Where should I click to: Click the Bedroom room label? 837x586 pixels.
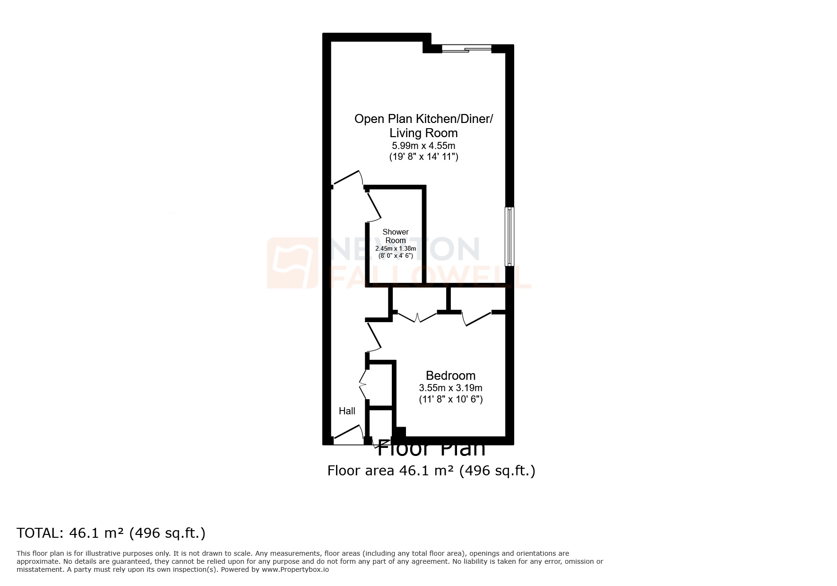(x=450, y=376)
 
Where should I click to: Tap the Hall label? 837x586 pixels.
(x=347, y=411)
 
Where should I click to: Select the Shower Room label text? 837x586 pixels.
(x=396, y=236)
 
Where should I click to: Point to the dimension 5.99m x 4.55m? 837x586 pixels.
(x=423, y=146)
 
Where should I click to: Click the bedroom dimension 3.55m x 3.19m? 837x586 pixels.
(x=450, y=388)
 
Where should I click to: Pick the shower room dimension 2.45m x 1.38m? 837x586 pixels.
(x=396, y=249)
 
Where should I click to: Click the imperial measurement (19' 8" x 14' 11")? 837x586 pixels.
(x=423, y=157)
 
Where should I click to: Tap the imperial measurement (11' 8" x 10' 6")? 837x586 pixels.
(x=450, y=399)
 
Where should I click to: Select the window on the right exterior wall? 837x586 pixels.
(x=509, y=236)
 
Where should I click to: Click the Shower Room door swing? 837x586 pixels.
(x=374, y=206)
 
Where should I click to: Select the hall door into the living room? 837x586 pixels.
(x=347, y=178)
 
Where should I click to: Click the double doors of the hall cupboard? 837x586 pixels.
(x=363, y=384)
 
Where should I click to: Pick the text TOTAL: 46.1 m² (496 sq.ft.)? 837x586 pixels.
(x=111, y=533)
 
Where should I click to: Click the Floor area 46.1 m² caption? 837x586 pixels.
(x=431, y=471)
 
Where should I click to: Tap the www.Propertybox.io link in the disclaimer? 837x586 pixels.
(x=295, y=569)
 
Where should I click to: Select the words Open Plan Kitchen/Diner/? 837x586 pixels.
(x=423, y=119)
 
